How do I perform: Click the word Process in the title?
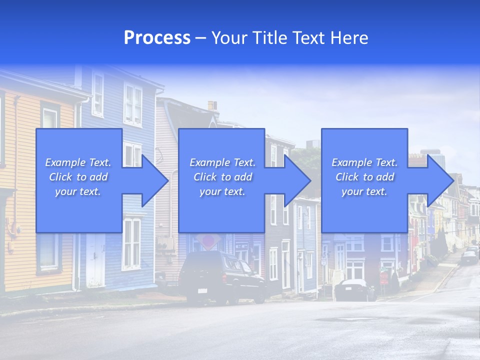click(157, 38)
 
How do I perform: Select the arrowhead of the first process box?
click(155, 180)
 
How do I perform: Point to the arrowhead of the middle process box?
click(297, 180)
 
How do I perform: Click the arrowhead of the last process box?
click(440, 180)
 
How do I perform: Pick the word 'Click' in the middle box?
click(205, 177)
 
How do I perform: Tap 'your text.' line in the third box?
click(364, 191)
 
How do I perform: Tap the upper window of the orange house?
click(50, 117)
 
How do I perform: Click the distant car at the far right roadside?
click(469, 257)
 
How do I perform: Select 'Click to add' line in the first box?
click(78, 177)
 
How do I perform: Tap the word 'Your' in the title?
click(228, 38)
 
